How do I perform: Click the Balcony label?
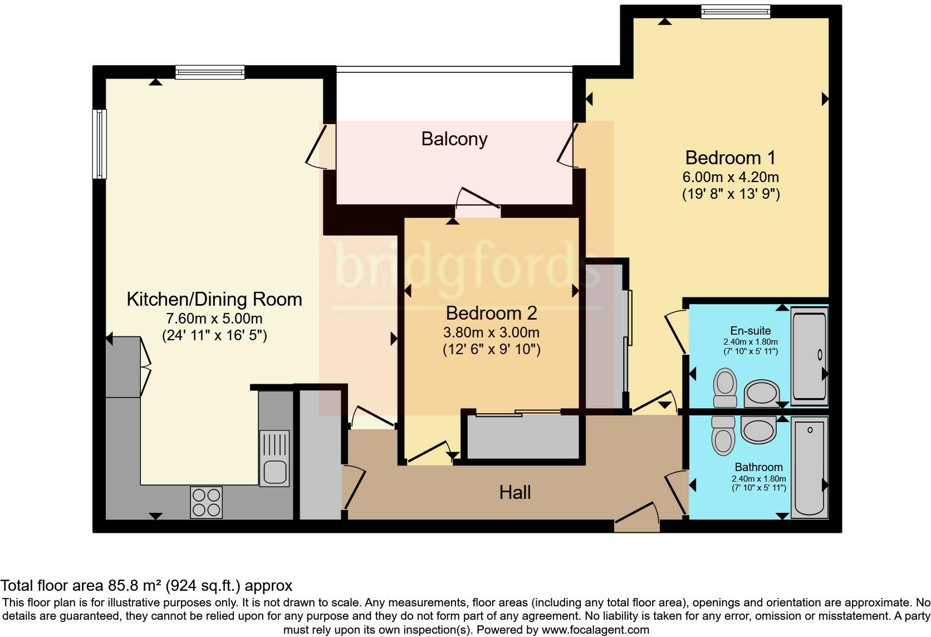click(454, 139)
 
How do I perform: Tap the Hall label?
click(515, 492)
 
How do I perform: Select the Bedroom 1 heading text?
click(731, 158)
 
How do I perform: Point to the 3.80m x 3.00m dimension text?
click(491, 332)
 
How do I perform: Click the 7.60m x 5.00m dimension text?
click(214, 318)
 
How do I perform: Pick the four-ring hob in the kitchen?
click(206, 502)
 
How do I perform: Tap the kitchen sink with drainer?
click(275, 458)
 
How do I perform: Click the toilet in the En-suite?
click(725, 388)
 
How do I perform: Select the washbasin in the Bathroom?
click(758, 430)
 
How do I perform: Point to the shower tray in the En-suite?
click(809, 356)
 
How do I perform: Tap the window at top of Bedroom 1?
click(736, 12)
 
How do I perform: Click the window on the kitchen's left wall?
click(99, 144)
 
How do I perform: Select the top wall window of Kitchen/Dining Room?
click(210, 72)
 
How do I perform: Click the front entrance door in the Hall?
click(637, 518)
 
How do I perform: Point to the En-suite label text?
click(751, 331)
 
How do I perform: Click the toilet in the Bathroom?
click(723, 435)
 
